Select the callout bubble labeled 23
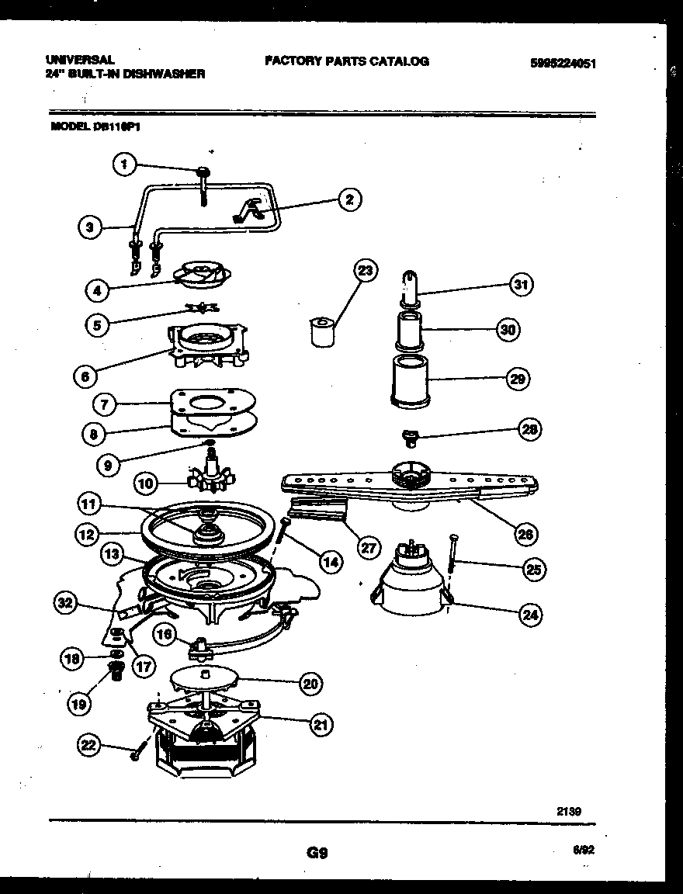coord(364,271)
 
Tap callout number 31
coord(521,285)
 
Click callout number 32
coord(68,601)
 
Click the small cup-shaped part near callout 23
coord(320,332)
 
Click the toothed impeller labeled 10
coord(206,475)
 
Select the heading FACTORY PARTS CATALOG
coord(346,61)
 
